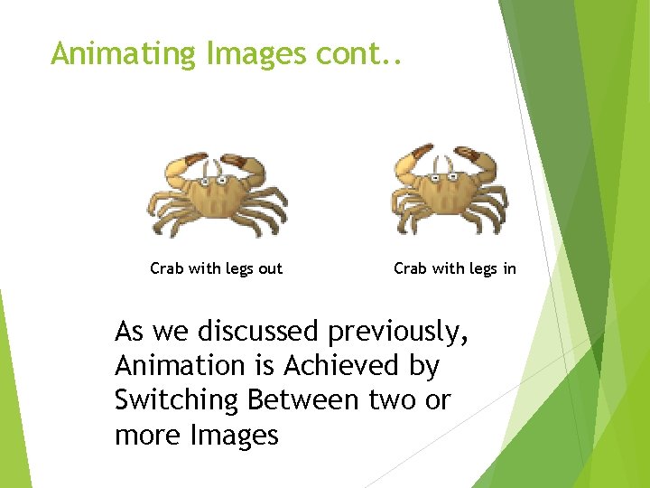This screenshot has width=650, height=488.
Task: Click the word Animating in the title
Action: point(125,54)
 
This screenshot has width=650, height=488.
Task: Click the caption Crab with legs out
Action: point(216,268)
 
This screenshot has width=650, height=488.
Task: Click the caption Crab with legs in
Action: point(455,268)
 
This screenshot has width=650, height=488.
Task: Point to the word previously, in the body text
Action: point(398,333)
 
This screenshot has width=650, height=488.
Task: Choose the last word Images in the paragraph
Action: point(234,435)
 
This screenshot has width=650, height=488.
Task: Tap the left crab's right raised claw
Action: point(243,164)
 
